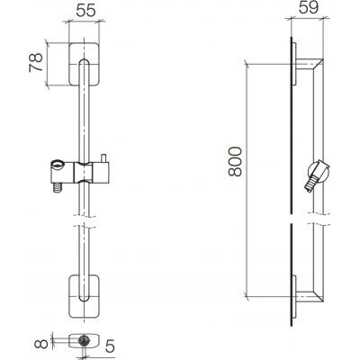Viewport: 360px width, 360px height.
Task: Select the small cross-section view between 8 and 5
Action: [84, 343]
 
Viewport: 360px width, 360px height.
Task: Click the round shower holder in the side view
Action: [317, 171]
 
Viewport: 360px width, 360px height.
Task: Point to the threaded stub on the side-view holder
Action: [308, 182]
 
